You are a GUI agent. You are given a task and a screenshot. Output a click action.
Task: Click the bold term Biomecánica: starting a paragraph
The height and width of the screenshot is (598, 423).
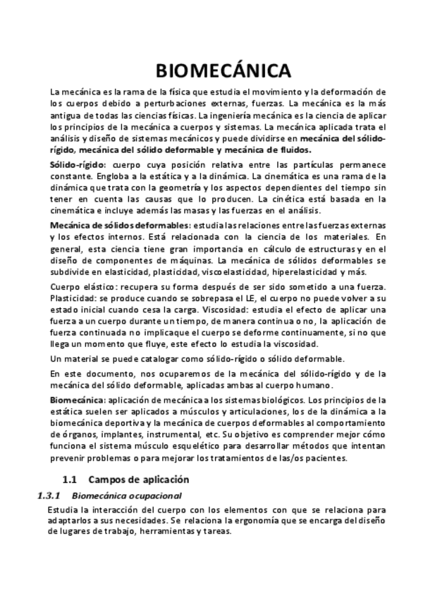(78, 400)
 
